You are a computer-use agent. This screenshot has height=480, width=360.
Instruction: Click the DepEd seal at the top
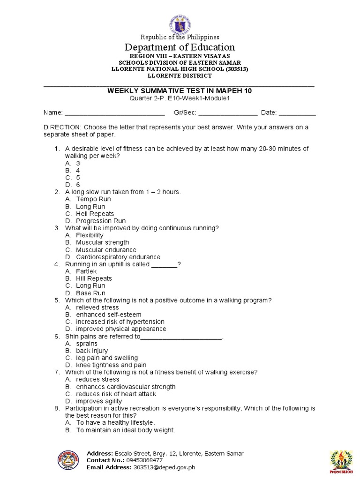(180, 19)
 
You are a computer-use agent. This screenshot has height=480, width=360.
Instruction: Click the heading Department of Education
(180, 47)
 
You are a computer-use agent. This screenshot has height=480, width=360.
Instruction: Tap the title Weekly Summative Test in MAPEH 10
(180, 91)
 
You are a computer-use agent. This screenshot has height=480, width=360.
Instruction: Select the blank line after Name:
(114, 113)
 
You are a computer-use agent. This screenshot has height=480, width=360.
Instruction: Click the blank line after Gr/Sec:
(228, 113)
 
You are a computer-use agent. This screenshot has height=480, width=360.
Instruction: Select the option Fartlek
(87, 271)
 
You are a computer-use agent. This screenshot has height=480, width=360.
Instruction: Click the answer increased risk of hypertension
(120, 322)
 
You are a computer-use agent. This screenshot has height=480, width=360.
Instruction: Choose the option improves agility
(99, 401)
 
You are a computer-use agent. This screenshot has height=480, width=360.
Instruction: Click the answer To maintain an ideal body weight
(125, 430)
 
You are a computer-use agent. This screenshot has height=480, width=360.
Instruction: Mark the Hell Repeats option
(95, 214)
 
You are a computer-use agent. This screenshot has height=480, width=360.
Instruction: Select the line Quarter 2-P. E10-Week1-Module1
(180, 98)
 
